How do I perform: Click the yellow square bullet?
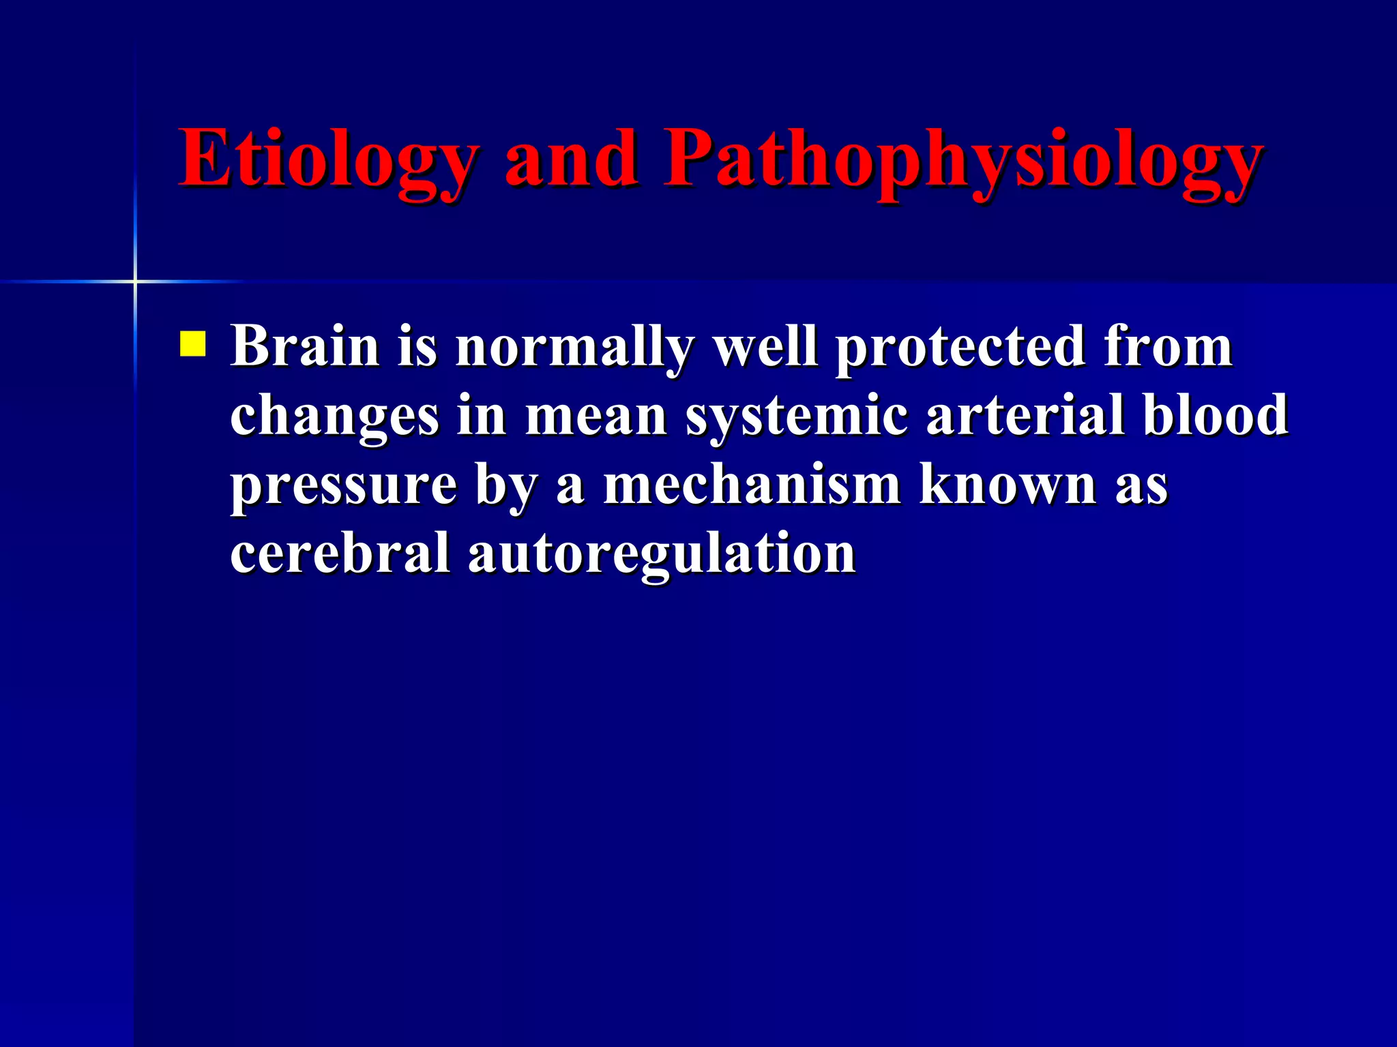tap(193, 344)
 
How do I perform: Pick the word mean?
tap(595, 416)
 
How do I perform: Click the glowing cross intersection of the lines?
tap(135, 282)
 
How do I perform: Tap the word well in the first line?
tap(765, 346)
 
